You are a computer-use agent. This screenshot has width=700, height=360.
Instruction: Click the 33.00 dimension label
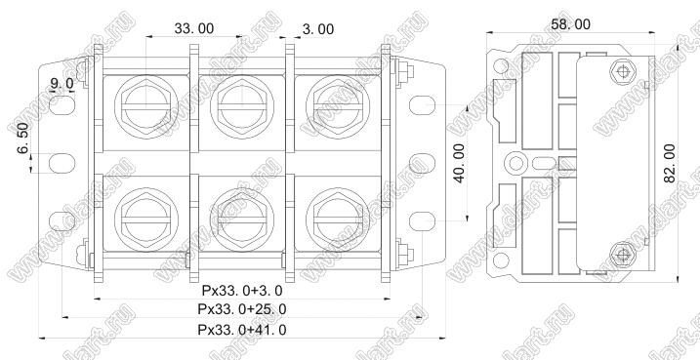[193, 28]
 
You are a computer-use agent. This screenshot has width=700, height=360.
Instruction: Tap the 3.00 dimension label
[318, 29]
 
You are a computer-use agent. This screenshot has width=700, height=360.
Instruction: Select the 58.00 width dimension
[570, 24]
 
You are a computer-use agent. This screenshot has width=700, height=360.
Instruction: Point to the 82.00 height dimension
[669, 163]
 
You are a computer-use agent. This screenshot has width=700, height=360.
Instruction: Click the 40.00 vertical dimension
[459, 163]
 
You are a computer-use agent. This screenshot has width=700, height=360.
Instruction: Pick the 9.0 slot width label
[62, 83]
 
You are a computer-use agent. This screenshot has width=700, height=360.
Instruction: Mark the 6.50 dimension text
[22, 138]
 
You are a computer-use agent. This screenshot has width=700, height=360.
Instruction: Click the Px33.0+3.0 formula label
[242, 291]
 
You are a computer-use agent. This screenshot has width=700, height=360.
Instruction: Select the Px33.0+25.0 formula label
[242, 309]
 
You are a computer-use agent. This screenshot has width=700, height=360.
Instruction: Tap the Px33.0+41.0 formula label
[242, 330]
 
